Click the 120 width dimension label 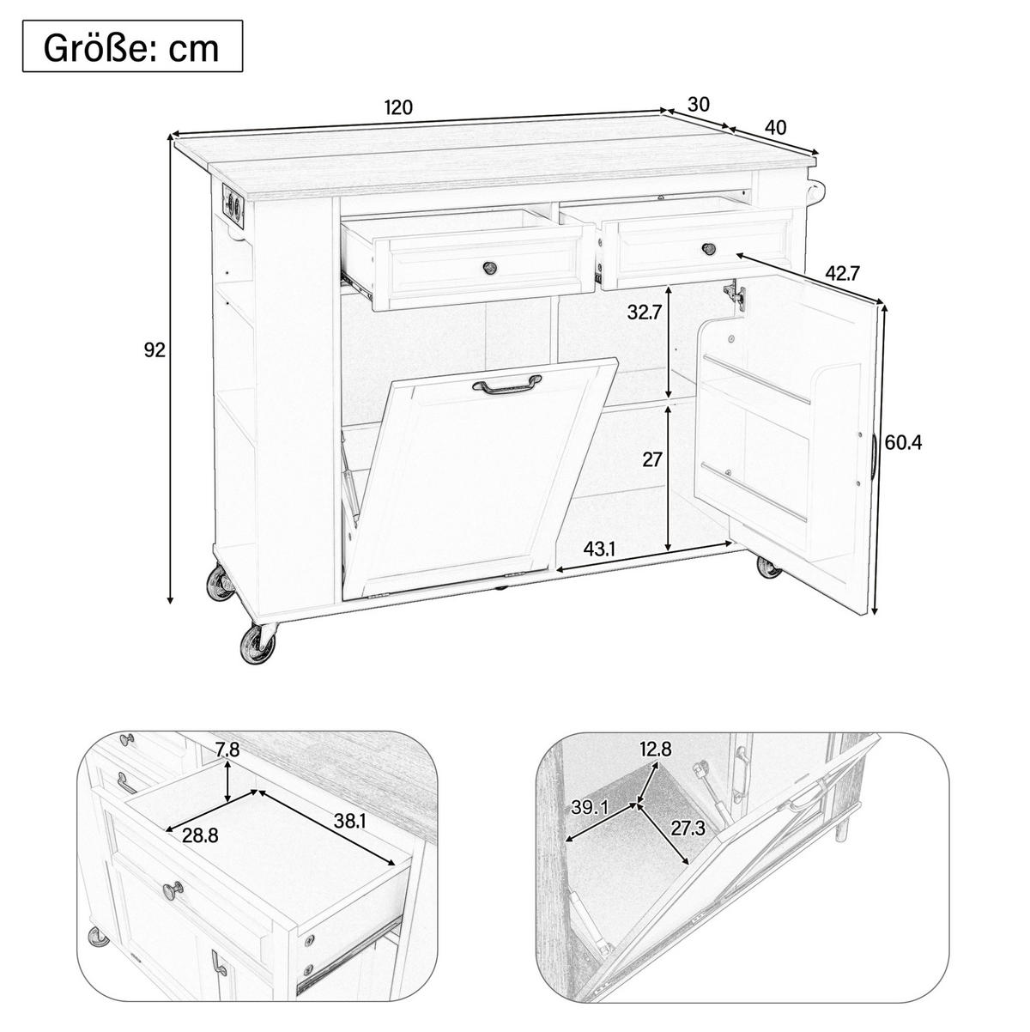click(x=398, y=107)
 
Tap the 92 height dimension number click(x=154, y=350)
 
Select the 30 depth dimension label click(x=699, y=105)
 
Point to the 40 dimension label click(x=775, y=127)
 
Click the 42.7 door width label click(x=842, y=274)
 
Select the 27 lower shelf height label click(x=651, y=459)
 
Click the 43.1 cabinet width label click(x=599, y=549)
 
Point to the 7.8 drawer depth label click(x=227, y=750)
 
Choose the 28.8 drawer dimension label click(x=200, y=835)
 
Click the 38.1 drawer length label click(x=348, y=821)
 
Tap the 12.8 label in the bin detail click(x=655, y=749)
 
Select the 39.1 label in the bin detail click(x=589, y=807)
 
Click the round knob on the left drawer click(x=489, y=267)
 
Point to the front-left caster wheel click(x=258, y=644)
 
